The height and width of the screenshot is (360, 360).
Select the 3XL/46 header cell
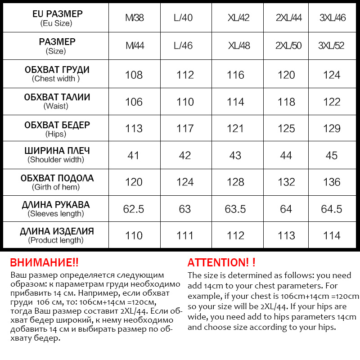[332, 18]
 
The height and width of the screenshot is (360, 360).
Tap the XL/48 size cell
[238, 45]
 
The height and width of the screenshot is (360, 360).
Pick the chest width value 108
[134, 75]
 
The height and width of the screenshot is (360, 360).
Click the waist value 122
[332, 102]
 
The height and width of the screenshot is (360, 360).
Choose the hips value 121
[235, 129]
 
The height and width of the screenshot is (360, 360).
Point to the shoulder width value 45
[332, 156]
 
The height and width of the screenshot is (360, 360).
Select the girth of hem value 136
[332, 182]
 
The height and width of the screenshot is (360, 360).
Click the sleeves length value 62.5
[134, 209]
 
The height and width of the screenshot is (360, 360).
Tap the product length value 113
[286, 235]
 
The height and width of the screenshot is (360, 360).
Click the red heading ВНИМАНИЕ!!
[44, 263]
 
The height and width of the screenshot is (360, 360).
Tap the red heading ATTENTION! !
[221, 263]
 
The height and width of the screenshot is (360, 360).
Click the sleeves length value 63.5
[235, 209]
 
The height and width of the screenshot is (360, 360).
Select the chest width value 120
[286, 75]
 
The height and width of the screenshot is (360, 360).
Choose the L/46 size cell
[183, 45]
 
